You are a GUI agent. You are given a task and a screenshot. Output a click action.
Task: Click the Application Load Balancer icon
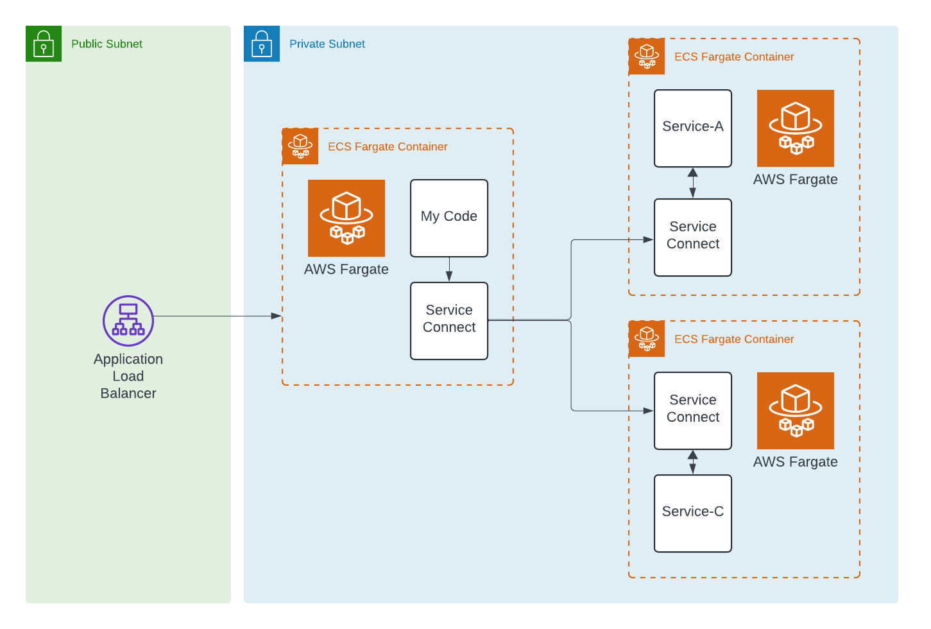pos(128,320)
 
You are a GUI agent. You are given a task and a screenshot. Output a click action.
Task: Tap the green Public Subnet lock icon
pos(44,44)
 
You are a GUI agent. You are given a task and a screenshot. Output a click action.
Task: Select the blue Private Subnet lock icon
pos(262,44)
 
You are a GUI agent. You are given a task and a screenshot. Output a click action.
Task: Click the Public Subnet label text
pos(107,44)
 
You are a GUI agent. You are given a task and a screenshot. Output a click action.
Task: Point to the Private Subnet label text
pos(327,44)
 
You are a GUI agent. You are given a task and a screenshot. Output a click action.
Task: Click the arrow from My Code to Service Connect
pos(449,270)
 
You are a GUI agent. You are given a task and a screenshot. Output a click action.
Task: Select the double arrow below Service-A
pos(692,183)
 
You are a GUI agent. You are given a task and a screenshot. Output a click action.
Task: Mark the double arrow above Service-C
pos(692,462)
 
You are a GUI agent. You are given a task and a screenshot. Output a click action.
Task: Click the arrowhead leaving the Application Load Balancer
pos(276,316)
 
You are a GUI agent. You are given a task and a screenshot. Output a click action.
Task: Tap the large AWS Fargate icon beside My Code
pos(346,218)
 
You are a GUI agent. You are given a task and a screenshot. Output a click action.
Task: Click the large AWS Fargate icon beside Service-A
pos(796,128)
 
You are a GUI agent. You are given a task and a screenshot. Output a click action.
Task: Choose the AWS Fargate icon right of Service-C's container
pos(796,411)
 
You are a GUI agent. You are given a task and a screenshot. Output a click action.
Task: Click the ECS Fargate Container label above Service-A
pos(734,56)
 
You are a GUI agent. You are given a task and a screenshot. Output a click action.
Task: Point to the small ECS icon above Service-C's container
pos(647,339)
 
